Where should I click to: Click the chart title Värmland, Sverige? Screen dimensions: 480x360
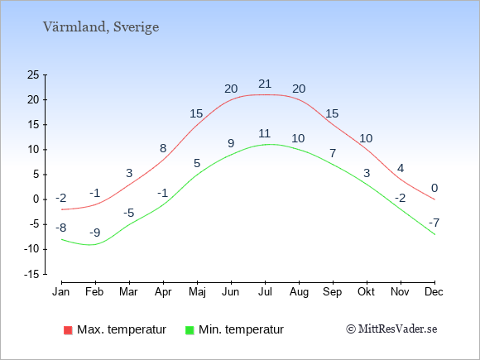coord(101,27)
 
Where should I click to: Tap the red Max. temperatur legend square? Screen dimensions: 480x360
coord(68,330)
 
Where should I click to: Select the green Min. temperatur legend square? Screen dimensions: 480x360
coord(190,330)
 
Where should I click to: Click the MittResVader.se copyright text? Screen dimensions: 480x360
coord(391,329)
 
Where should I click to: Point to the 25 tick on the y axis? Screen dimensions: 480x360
coord(33,74)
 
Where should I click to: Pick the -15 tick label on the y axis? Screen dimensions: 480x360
coord(31,274)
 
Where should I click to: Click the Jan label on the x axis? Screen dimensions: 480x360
coord(61,292)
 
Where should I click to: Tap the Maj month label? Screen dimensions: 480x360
coord(197,292)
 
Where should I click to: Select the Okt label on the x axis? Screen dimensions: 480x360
coord(366,292)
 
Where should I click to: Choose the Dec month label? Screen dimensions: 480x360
coord(434,292)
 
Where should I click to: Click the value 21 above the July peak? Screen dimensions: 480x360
coord(265,84)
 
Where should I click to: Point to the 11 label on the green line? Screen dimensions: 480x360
coord(264,134)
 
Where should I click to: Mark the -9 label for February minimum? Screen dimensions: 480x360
coord(95,233)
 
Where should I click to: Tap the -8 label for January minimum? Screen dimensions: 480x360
coord(61,228)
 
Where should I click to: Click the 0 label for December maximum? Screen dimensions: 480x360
coord(434,188)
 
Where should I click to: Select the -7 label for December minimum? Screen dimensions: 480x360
coord(434,223)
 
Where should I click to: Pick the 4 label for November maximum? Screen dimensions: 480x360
coord(401,168)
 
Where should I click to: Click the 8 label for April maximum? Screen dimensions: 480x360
coord(163,148)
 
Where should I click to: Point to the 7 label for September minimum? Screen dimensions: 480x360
coord(333,153)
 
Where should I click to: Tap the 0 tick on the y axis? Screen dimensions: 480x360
coord(36,199)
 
